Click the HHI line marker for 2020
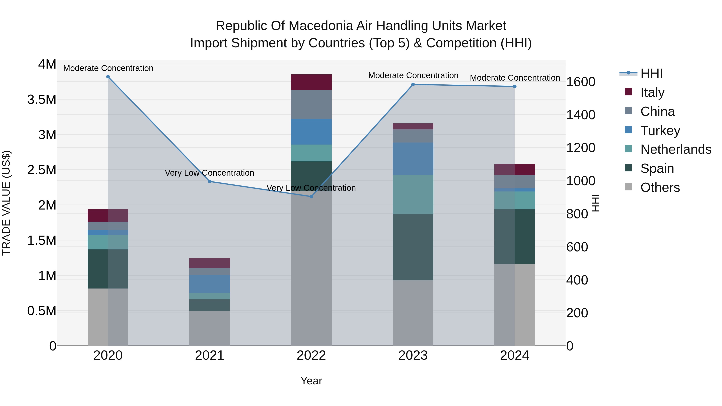[108, 77]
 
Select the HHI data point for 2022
[311, 196]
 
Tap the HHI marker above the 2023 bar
[413, 84]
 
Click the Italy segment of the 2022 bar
[311, 82]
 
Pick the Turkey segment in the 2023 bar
[413, 159]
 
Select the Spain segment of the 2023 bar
[413, 247]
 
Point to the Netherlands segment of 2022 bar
[311, 153]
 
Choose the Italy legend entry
[652, 92]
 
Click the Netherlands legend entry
[675, 149]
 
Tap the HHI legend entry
[651, 73]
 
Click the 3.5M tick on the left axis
[42, 99]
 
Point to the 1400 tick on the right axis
[580, 115]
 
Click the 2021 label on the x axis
[209, 355]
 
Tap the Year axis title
[311, 381]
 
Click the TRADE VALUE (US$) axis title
[6, 203]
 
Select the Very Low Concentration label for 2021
[209, 173]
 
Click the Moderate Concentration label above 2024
[515, 78]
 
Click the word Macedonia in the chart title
[325, 26]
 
